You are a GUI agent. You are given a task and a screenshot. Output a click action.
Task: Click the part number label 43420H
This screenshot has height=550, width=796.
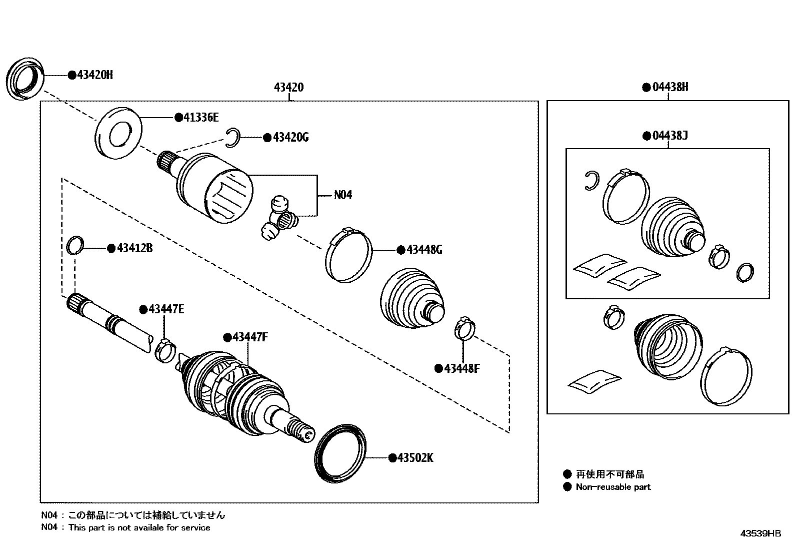point(94,75)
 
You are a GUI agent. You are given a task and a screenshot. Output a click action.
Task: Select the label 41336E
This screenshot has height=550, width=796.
point(201,118)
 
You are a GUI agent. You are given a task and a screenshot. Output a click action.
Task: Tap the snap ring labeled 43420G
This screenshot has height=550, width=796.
point(232,138)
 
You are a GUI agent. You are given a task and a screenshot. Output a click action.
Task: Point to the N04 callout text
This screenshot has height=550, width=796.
point(343,195)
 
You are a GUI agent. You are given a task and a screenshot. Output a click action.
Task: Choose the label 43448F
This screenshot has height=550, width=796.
point(461,369)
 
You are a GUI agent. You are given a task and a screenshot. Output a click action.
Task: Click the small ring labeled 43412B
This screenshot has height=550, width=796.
point(74,245)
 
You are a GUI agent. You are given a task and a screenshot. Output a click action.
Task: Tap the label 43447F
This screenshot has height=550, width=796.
point(249,337)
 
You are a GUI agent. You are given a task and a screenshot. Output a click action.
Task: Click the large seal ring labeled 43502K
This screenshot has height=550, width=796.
point(340,454)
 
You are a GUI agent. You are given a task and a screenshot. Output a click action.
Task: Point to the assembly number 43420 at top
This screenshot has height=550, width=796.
point(288,88)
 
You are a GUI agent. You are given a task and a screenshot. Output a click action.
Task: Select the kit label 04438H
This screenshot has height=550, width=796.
point(669,87)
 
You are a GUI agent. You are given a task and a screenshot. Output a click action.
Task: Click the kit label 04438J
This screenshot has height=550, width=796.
point(669,136)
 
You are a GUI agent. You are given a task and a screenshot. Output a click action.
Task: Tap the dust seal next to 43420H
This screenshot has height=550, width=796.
point(25,80)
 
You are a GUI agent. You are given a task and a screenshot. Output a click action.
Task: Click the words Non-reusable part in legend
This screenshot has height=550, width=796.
point(613,487)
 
